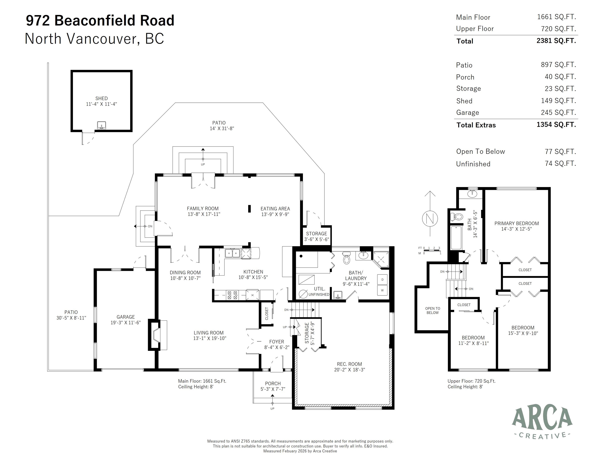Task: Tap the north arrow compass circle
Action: click(x=430, y=219)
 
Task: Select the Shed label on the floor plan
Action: click(x=101, y=101)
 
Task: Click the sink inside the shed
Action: click(x=101, y=125)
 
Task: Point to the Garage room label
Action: click(x=126, y=320)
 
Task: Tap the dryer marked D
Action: click(x=382, y=280)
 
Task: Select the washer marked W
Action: click(x=382, y=290)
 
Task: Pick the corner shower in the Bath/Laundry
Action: click(x=381, y=259)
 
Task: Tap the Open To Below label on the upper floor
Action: click(x=432, y=311)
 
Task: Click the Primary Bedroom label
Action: click(x=516, y=226)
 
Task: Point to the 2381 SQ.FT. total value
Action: click(x=556, y=41)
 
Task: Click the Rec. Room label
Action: click(x=349, y=367)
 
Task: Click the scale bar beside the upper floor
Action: click(x=432, y=250)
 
